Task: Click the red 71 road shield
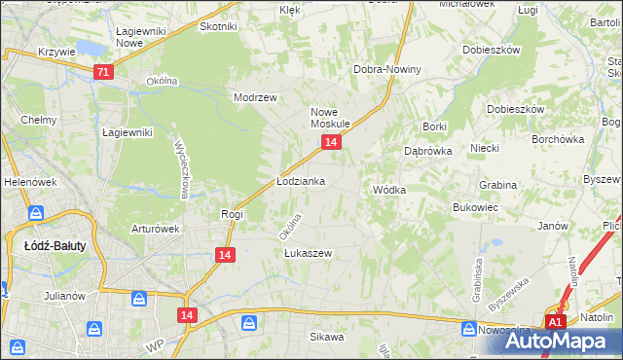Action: pos(104,71)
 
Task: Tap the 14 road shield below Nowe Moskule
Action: pos(332,143)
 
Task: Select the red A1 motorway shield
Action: pos(555,322)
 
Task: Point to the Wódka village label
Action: pos(388,190)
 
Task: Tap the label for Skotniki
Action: pos(218,27)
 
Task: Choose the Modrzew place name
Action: pos(256,97)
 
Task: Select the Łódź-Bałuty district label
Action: pos(54,245)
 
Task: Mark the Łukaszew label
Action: pos(309,253)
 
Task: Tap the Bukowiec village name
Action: pos(476,207)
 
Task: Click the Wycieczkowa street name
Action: pos(182,165)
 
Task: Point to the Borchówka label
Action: pos(558,138)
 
